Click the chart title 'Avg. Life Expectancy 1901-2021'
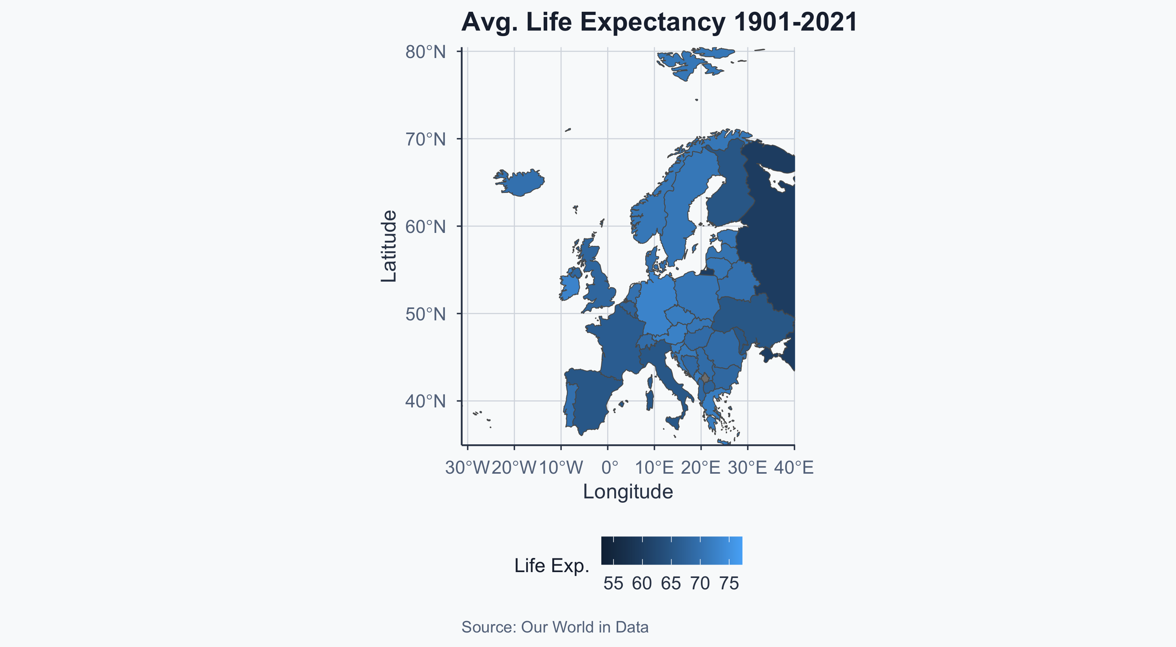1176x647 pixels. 659,22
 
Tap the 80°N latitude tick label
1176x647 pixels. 425,52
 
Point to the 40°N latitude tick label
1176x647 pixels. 425,402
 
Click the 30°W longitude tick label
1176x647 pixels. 467,467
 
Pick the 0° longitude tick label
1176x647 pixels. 610,467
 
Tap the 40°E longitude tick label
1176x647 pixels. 794,467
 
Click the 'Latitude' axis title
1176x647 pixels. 389,246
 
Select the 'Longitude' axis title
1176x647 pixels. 628,492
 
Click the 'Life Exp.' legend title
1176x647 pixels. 552,566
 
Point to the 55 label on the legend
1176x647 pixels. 613,583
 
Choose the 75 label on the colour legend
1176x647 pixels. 729,583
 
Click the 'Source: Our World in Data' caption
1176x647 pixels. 555,627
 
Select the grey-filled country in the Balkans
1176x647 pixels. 705,378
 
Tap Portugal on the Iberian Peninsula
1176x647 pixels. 569,404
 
